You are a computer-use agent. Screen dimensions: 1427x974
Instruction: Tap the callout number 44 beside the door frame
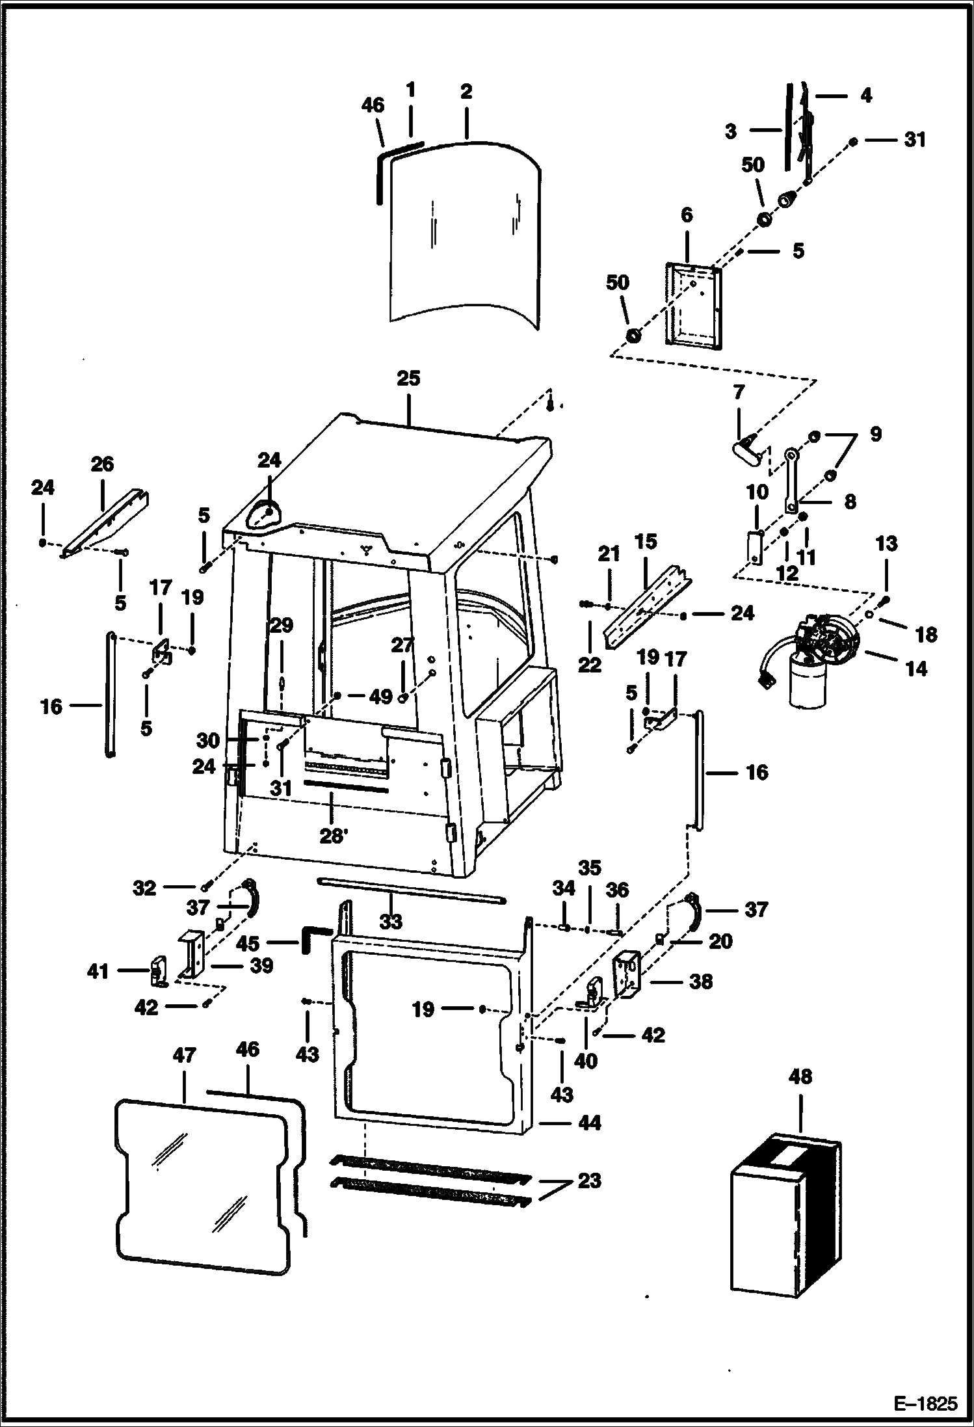point(589,1123)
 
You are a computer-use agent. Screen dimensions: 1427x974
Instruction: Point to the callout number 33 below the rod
point(391,921)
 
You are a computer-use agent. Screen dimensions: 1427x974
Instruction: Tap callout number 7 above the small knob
point(739,393)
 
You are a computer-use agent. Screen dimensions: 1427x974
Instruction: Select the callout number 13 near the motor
point(886,543)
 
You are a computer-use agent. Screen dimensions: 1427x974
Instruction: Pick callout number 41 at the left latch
point(98,972)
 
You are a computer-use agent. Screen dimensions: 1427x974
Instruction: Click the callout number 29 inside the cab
point(281,626)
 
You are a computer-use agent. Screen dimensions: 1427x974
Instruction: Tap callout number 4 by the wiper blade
point(865,96)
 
